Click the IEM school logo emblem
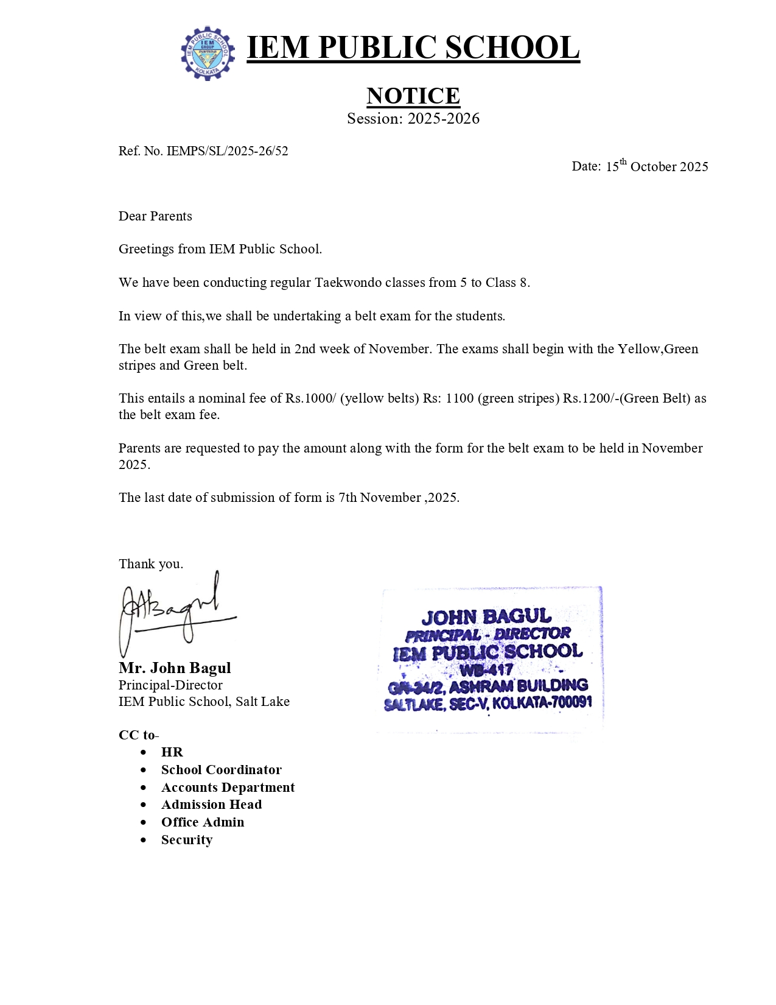click(208, 53)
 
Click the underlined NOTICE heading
click(413, 96)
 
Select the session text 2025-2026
click(443, 119)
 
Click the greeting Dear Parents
click(155, 216)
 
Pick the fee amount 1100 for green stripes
click(460, 398)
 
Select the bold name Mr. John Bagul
click(175, 668)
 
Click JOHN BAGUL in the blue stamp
click(486, 617)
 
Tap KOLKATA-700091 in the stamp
click(542, 703)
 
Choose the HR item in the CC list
click(172, 752)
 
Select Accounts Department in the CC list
click(228, 788)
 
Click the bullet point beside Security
click(144, 840)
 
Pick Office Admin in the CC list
click(203, 822)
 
